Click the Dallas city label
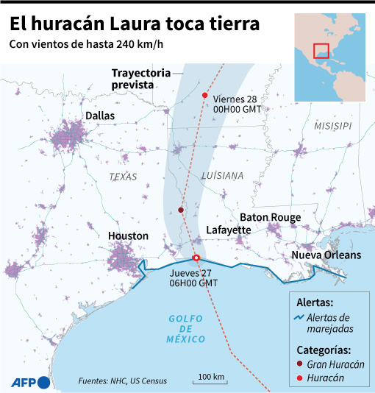(100, 116)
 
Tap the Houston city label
(129, 236)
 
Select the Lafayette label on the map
(228, 230)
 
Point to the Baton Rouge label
(270, 217)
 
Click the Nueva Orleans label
(326, 255)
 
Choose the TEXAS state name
(123, 177)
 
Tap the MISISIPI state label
(332, 127)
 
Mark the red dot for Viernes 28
(204, 96)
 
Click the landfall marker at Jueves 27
(196, 258)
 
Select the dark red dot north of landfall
(181, 210)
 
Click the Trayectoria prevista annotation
(140, 79)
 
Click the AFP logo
(30, 381)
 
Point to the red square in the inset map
(321, 50)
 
